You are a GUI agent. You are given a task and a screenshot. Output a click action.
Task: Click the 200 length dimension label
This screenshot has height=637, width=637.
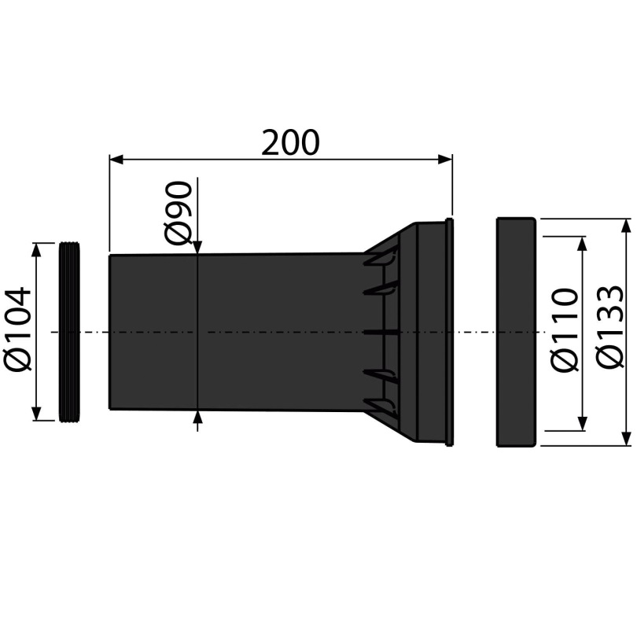(x=290, y=142)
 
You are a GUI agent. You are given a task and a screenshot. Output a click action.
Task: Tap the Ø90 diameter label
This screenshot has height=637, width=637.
(x=178, y=213)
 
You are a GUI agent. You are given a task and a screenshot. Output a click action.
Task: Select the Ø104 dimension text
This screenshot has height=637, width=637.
(x=17, y=329)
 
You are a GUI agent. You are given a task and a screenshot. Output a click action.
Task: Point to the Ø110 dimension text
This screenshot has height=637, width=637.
(x=565, y=330)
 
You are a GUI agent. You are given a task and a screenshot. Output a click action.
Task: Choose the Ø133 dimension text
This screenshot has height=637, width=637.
(x=609, y=327)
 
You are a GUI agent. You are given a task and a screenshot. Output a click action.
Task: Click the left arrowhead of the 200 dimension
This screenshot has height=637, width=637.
(x=116, y=159)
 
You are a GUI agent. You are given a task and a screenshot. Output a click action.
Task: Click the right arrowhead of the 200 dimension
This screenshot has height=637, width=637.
(x=445, y=159)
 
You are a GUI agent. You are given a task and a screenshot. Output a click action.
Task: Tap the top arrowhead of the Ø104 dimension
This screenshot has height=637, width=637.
(x=36, y=250)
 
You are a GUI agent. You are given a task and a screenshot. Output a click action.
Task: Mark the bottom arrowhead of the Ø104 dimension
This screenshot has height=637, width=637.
(x=36, y=413)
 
